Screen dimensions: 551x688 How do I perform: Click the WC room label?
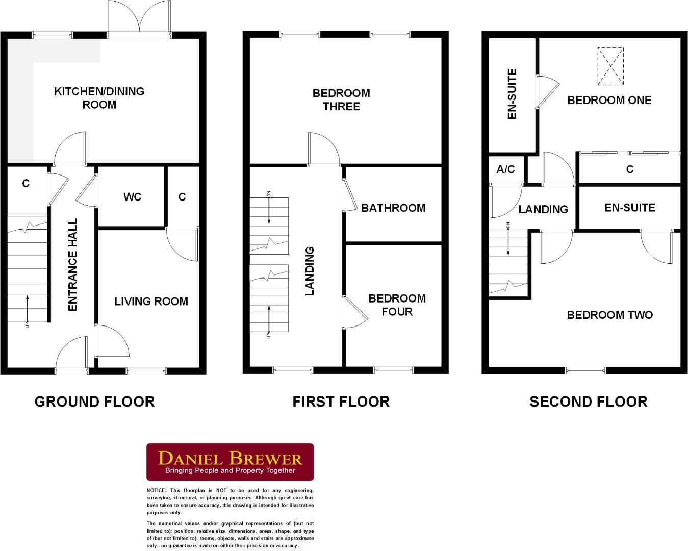point(132,197)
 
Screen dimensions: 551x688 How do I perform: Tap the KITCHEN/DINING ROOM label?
point(99,98)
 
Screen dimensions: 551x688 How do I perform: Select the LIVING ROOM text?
point(151,302)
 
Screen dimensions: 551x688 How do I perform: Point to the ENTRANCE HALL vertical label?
point(72,265)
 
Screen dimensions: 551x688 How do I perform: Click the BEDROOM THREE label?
point(341,99)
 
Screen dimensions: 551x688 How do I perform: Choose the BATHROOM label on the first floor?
point(393,208)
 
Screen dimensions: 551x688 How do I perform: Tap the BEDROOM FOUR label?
point(397,305)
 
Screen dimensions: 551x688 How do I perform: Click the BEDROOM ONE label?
point(609,100)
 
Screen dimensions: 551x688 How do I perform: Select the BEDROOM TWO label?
point(609,315)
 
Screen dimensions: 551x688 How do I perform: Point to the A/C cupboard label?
point(505,169)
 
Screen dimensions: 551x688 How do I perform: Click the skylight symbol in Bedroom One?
point(610,66)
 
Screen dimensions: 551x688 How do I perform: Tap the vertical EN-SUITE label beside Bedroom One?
point(512,94)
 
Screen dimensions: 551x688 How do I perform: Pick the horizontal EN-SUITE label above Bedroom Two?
point(630,208)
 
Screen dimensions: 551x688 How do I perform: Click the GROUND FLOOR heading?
point(94,402)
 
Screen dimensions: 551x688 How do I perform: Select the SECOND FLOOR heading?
point(588,402)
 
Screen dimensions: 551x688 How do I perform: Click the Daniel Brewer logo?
point(230,462)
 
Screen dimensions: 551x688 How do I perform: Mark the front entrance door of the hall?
point(72,357)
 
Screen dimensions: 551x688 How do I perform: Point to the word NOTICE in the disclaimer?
point(156,490)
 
